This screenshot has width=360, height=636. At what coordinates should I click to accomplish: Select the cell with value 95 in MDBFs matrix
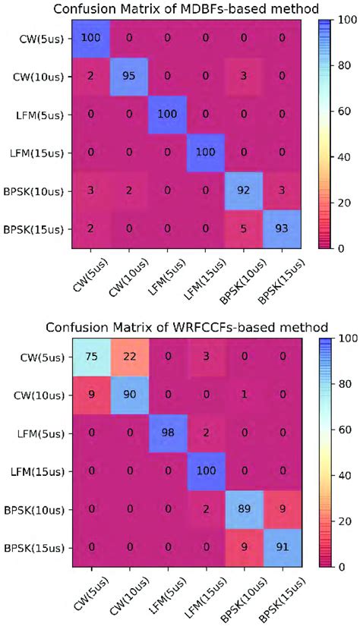[x=131, y=77]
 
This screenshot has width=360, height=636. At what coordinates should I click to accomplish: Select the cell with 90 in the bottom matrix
[x=131, y=395]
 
